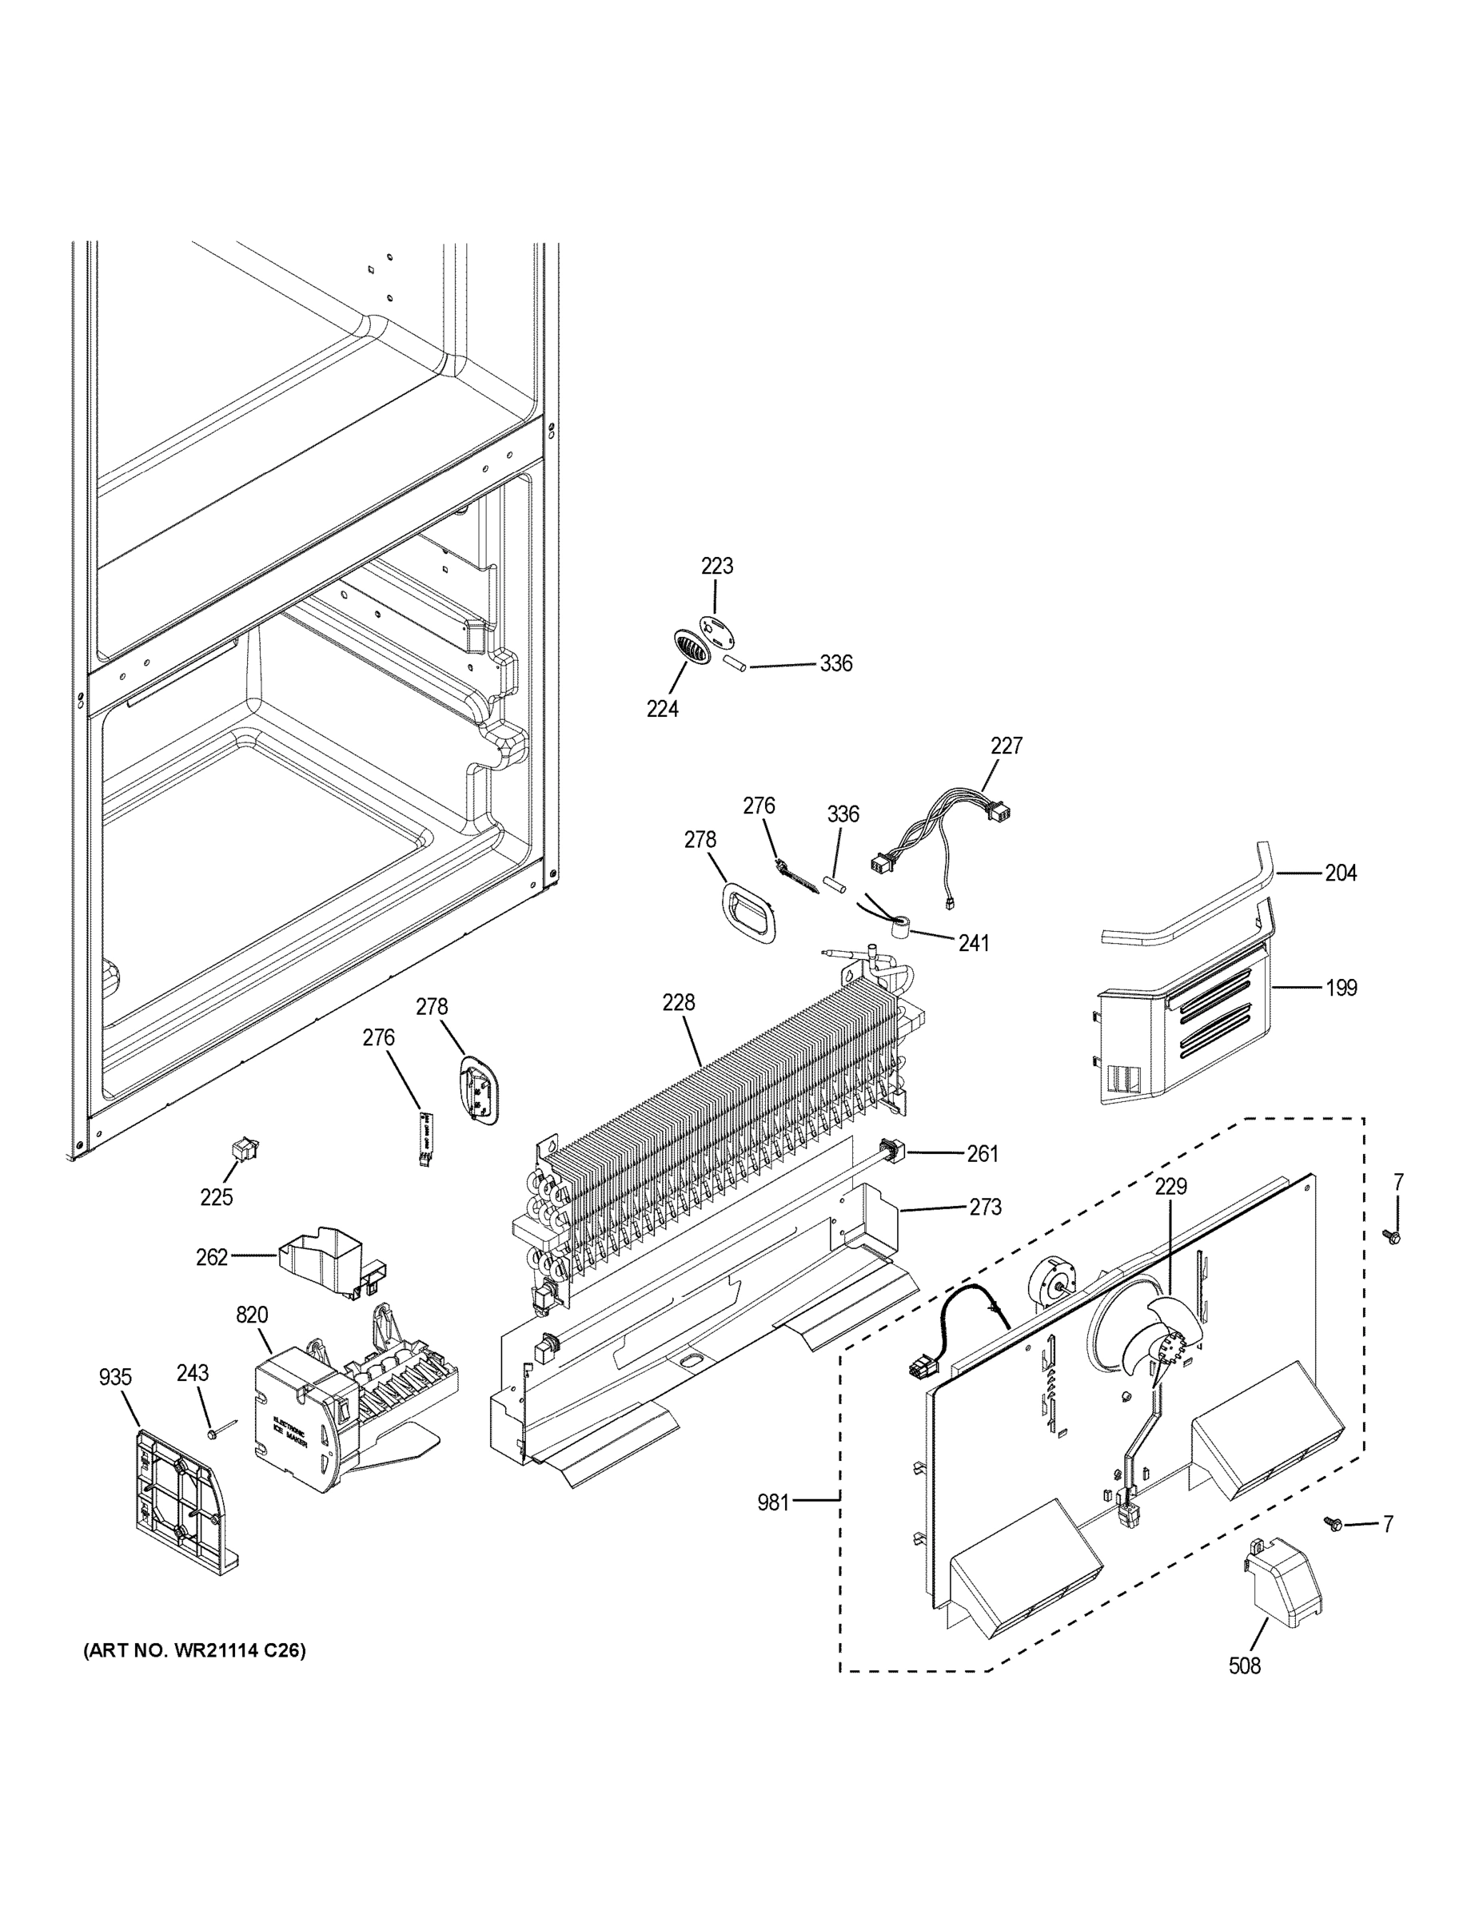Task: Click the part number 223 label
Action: coord(717,567)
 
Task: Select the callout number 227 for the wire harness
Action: coord(1006,746)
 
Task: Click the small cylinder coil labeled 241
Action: coord(897,926)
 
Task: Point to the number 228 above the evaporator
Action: coord(678,1002)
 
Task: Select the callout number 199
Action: coord(1341,988)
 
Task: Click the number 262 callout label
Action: coord(212,1258)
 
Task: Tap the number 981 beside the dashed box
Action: coord(773,1502)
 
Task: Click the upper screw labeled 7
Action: coord(1394,1237)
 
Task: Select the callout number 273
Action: coord(985,1208)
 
